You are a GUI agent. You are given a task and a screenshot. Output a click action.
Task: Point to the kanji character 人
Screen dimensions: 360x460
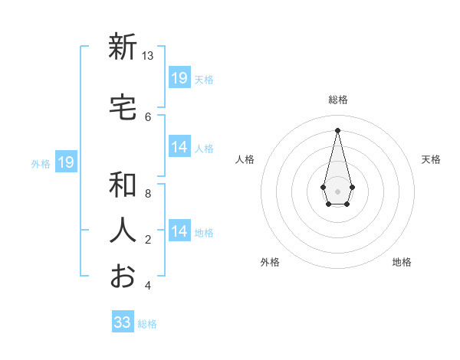point(123,230)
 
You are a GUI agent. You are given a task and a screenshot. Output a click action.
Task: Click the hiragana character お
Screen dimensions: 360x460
point(123,276)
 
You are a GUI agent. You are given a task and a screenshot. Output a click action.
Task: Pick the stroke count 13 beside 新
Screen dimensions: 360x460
point(148,56)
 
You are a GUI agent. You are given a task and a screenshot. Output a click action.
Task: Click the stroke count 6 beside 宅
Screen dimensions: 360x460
point(148,116)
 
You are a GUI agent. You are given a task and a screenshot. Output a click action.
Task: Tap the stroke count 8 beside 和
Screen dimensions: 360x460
point(148,194)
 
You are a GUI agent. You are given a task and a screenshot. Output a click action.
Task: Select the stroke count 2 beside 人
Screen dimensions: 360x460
point(148,240)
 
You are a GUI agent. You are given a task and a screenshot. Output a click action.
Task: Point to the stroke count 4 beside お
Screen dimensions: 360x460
point(148,286)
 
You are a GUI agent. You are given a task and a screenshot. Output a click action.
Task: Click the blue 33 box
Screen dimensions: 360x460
point(123,322)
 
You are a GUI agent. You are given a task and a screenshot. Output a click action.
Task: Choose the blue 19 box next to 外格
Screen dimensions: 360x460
point(66,162)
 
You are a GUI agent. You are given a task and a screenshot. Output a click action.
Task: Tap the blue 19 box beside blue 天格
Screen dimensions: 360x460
point(179,78)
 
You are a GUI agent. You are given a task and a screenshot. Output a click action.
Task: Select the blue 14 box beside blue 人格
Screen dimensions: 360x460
point(179,148)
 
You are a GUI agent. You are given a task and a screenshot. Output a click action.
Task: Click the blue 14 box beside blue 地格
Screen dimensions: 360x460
point(179,231)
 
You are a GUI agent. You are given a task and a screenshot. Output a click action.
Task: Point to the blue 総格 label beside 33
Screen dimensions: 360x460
point(147,324)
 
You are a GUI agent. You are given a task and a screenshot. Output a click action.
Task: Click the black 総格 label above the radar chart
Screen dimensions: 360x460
point(337,100)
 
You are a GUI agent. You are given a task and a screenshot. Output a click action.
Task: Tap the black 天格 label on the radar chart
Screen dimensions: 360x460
point(431,159)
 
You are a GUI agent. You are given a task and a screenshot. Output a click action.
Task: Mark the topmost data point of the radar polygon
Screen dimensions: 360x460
point(337,129)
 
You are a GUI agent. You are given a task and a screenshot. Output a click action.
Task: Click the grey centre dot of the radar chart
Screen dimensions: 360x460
point(337,190)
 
